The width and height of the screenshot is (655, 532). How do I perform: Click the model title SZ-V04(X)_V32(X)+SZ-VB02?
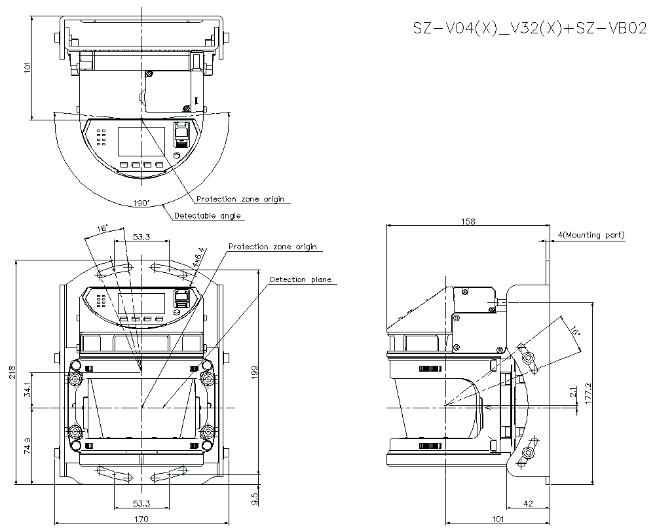click(x=529, y=28)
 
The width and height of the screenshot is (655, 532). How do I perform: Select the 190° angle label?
click(x=140, y=204)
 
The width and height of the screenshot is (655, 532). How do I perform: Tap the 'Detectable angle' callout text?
click(x=207, y=215)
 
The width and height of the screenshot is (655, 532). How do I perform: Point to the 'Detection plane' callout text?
click(x=301, y=279)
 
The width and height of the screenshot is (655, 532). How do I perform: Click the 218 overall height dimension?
click(x=12, y=372)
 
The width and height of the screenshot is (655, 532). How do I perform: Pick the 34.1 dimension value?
click(x=27, y=389)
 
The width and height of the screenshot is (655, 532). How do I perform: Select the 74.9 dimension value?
click(x=27, y=446)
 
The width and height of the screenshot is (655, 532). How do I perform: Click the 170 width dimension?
click(x=141, y=519)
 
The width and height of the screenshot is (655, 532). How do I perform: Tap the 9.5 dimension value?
click(x=255, y=499)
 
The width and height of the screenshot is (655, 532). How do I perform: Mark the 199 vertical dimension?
click(x=255, y=372)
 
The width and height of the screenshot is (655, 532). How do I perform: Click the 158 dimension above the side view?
click(x=468, y=222)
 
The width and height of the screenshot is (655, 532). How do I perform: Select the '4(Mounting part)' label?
click(x=591, y=235)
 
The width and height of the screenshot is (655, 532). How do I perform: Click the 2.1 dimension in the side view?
click(x=572, y=393)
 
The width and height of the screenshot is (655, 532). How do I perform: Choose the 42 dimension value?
click(x=528, y=503)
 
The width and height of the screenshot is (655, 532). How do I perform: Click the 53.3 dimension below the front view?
click(x=141, y=503)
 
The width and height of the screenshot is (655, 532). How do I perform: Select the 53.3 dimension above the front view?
click(x=141, y=237)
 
